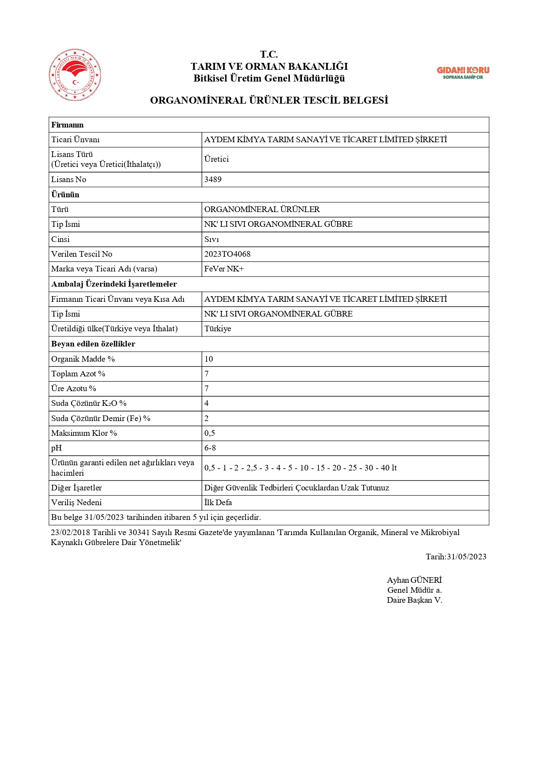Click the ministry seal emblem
75,75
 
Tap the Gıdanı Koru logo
463,72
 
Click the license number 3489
213,180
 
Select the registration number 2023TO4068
227,254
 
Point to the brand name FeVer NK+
224,269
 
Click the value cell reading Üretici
217,159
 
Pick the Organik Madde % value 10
209,359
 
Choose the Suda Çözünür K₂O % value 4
207,403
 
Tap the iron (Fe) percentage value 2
207,418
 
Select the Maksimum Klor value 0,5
210,433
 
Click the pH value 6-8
210,448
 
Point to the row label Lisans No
69,180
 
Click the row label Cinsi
60,239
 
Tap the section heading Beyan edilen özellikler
93,344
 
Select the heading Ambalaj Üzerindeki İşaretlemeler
114,284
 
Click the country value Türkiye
218,329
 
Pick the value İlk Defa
218,503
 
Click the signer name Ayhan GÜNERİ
414,580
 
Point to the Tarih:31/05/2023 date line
456,557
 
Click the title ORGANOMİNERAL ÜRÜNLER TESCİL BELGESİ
269,100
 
